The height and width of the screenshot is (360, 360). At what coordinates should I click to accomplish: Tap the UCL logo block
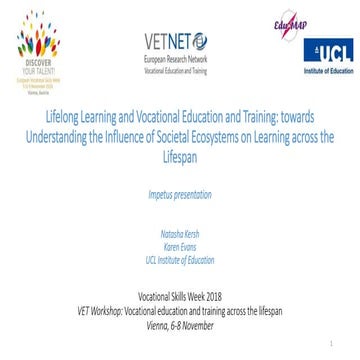[x=327, y=51]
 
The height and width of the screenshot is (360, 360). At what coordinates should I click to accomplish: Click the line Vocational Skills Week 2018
[x=180, y=299]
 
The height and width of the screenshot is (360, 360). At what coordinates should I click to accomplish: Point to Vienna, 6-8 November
[x=180, y=322]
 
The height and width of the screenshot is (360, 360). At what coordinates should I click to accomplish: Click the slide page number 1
[x=342, y=342]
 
